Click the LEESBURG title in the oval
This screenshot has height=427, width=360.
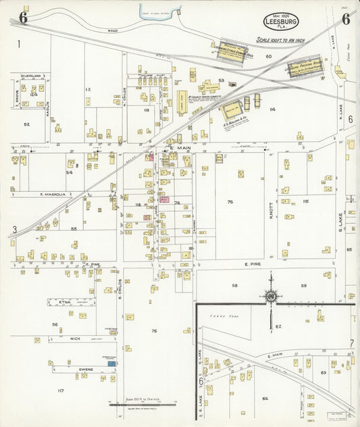point(284,22)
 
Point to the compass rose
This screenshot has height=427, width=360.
point(271,296)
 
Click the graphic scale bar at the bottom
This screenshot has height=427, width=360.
point(142,405)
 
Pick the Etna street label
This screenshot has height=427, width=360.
point(66,302)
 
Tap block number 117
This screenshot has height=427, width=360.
point(60,391)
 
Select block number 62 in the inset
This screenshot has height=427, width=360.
point(278,326)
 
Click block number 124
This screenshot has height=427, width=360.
point(34,95)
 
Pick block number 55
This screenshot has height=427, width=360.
point(74,229)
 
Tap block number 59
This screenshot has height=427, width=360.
point(304,285)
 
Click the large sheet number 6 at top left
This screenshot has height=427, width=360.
point(23,18)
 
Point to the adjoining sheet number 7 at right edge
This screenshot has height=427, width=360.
point(351,343)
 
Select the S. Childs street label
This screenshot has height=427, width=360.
point(120,286)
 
